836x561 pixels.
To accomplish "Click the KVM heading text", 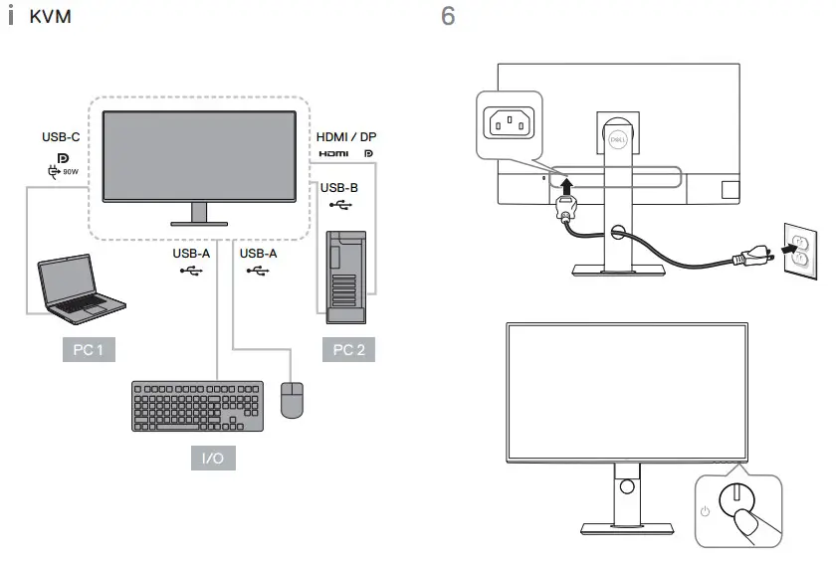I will tap(50, 19).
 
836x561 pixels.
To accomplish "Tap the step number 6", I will tap(448, 18).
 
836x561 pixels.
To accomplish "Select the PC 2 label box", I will tap(348, 350).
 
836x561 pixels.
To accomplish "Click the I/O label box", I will tap(213, 459).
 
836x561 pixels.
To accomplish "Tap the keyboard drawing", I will tap(198, 406).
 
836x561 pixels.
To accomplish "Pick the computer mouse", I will tap(292, 400).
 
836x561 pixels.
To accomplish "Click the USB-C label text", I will tap(61, 136).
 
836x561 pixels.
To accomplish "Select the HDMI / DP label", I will tap(346, 136).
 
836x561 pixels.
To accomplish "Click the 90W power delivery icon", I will tap(63, 172).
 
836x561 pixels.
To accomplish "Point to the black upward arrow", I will tap(565, 187).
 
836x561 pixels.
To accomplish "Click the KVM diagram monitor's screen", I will tap(200, 154).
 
